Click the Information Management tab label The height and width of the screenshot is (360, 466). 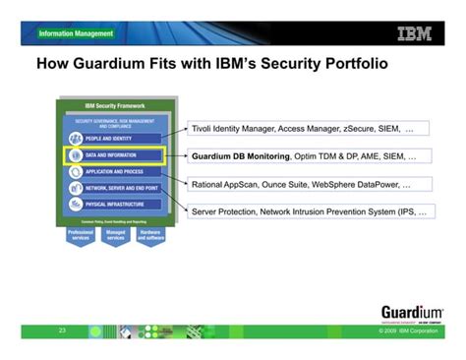(x=76, y=33)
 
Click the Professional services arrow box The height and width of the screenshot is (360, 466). (x=80, y=236)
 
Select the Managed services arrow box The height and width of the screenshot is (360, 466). (x=115, y=236)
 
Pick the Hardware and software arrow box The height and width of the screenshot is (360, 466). (x=151, y=236)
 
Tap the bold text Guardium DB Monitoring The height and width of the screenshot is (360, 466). (x=241, y=155)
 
